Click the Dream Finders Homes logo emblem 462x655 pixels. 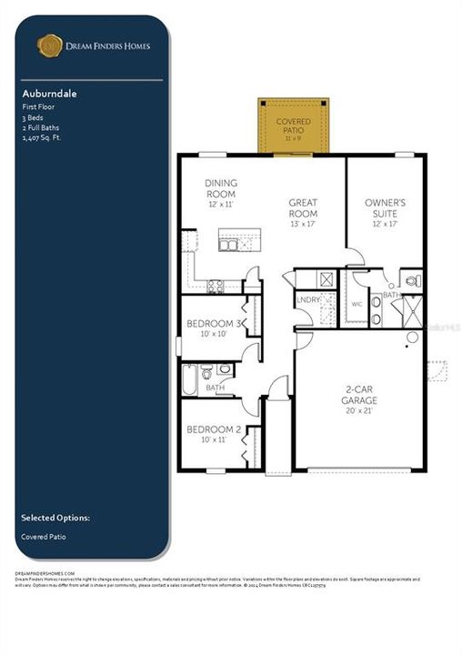[47, 45]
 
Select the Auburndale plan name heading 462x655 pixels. [45, 93]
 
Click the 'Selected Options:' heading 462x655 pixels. [55, 518]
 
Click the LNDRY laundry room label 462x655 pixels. [306, 299]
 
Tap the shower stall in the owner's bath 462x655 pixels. [410, 310]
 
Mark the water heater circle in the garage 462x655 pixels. [412, 338]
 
